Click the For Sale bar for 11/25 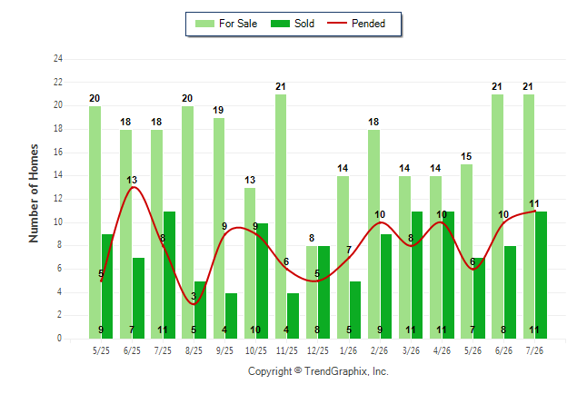(x=281, y=217)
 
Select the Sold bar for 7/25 (x=169, y=275)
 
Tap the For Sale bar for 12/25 (x=312, y=292)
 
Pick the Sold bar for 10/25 (x=262, y=281)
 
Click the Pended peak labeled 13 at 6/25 (x=133, y=187)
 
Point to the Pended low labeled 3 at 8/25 (x=194, y=303)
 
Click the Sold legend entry (x=293, y=24)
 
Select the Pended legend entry (x=356, y=24)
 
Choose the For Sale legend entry (x=226, y=24)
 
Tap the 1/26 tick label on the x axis (x=348, y=350)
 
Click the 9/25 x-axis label (x=224, y=350)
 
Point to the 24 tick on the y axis (x=57, y=58)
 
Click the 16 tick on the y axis (x=57, y=152)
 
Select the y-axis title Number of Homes (x=34, y=193)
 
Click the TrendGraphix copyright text (x=318, y=371)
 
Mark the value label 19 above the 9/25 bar (x=218, y=110)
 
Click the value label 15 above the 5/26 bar (x=466, y=156)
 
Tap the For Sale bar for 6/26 (x=498, y=217)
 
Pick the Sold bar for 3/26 (x=417, y=275)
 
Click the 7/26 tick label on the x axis (x=534, y=350)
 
